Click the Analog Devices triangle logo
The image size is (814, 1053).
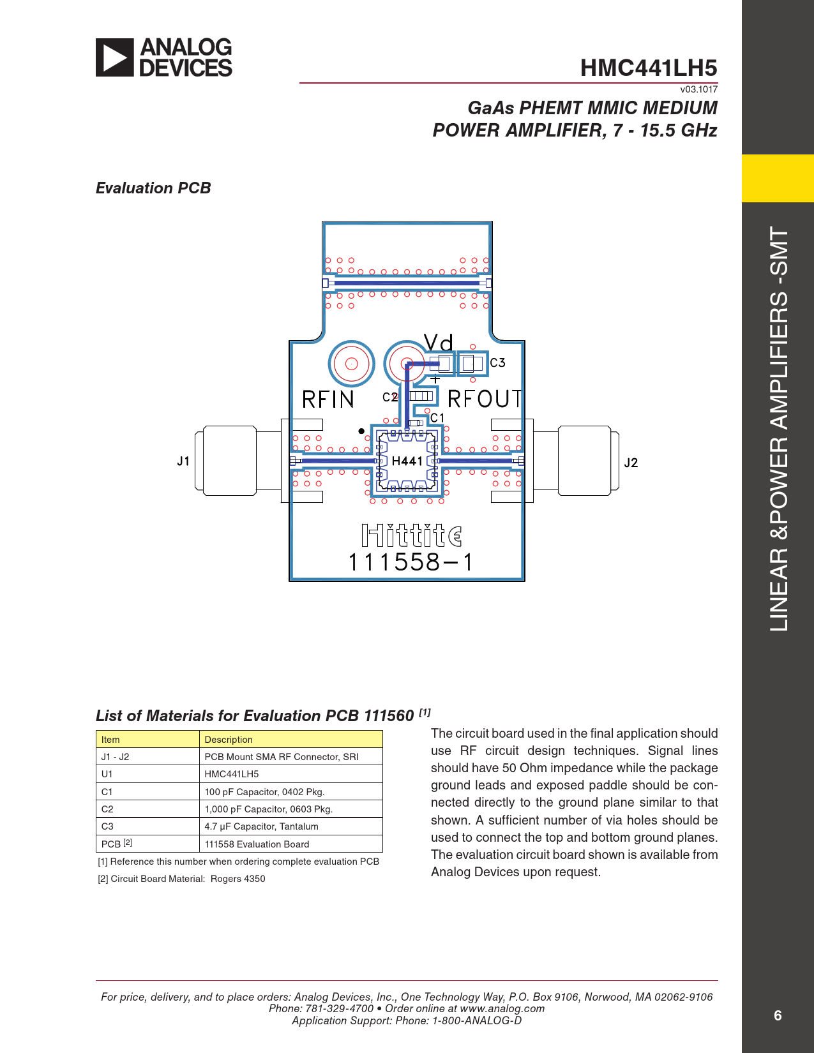pos(114,57)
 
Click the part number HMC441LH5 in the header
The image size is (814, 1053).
pos(648,68)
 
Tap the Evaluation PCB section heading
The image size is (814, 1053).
pos(153,188)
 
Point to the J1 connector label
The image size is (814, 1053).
pos(183,461)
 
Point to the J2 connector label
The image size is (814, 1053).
pos(631,463)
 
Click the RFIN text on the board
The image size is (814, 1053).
pos(328,400)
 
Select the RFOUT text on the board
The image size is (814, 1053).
pos(485,399)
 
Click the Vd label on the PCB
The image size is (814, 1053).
pos(438,342)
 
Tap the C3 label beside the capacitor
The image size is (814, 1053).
pos(497,362)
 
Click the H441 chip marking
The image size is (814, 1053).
pos(407,461)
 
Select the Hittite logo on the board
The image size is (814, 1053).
pos(412,535)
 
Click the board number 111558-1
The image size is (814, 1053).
pos(410,562)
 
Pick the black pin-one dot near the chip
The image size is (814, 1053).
pos(361,431)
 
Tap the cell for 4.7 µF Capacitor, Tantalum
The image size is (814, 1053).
pos(261,826)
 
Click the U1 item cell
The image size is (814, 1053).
pos(107,774)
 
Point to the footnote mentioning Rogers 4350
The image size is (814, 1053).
pos(181,879)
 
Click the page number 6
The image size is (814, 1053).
pos(778,1015)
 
